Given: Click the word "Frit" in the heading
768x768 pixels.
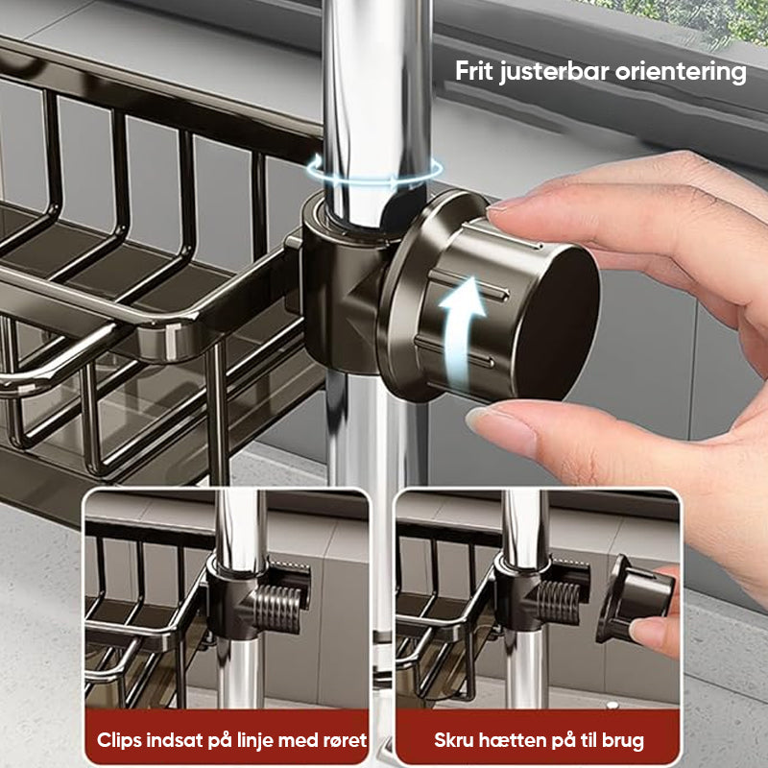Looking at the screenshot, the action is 474,71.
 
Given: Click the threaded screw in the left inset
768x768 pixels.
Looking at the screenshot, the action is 277,609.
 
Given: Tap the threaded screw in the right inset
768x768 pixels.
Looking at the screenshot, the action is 559,603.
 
